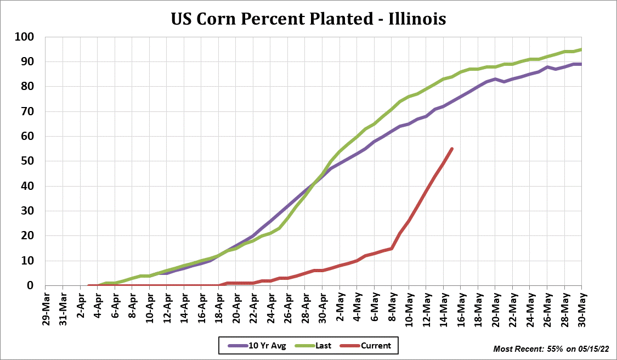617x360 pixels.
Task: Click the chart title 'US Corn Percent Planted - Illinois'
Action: coord(308,18)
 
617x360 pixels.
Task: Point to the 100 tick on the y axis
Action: coord(26,37)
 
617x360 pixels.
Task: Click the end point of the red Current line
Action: coord(451,149)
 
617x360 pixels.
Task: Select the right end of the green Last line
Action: coord(581,49)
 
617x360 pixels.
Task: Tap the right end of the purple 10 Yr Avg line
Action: coord(581,64)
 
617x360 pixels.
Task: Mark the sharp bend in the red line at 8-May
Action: coord(392,248)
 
